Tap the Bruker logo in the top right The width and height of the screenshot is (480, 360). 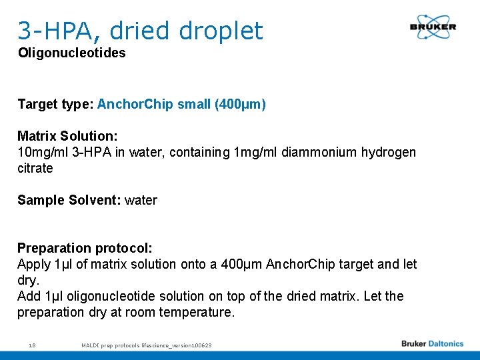coord(433,27)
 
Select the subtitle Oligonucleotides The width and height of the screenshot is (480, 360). coord(71,53)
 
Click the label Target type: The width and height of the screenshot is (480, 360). coord(55,105)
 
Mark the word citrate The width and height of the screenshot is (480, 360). coord(35,169)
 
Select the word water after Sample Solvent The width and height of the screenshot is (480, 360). coord(141,201)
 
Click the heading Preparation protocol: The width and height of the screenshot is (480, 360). coord(85,249)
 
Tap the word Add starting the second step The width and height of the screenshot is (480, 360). coord(29,297)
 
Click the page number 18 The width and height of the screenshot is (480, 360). coord(32,345)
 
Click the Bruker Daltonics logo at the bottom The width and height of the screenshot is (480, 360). coord(432,344)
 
